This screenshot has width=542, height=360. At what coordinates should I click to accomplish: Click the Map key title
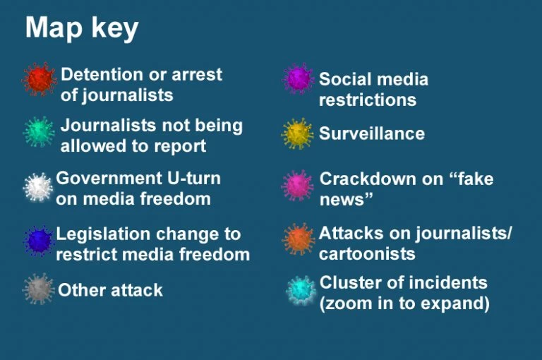pyautogui.click(x=82, y=28)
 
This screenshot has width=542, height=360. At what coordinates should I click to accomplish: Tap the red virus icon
pyautogui.click(x=39, y=79)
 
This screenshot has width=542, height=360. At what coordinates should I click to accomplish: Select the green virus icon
pyautogui.click(x=39, y=132)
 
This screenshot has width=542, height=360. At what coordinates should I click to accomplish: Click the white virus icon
pyautogui.click(x=38, y=187)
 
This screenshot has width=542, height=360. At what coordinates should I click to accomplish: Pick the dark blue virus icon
pyautogui.click(x=38, y=241)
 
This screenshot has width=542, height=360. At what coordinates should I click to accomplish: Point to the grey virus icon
pyautogui.click(x=38, y=289)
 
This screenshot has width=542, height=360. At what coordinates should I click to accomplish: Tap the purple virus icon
pyautogui.click(x=299, y=78)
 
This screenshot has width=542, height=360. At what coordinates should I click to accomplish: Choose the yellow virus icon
pyautogui.click(x=297, y=134)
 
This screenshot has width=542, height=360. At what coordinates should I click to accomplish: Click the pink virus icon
pyautogui.click(x=297, y=186)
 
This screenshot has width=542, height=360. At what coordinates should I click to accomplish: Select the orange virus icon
pyautogui.click(x=298, y=239)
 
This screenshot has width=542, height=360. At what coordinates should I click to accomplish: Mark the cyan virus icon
pyautogui.click(x=301, y=290)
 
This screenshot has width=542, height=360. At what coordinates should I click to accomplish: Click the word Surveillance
pyautogui.click(x=372, y=133)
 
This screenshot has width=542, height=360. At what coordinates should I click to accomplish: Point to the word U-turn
pyautogui.click(x=194, y=179)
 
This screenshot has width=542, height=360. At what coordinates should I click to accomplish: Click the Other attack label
pyautogui.click(x=110, y=290)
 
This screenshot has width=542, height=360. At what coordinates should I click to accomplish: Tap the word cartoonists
pyautogui.click(x=367, y=253)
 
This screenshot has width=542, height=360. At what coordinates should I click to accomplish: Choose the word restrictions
pyautogui.click(x=368, y=100)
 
